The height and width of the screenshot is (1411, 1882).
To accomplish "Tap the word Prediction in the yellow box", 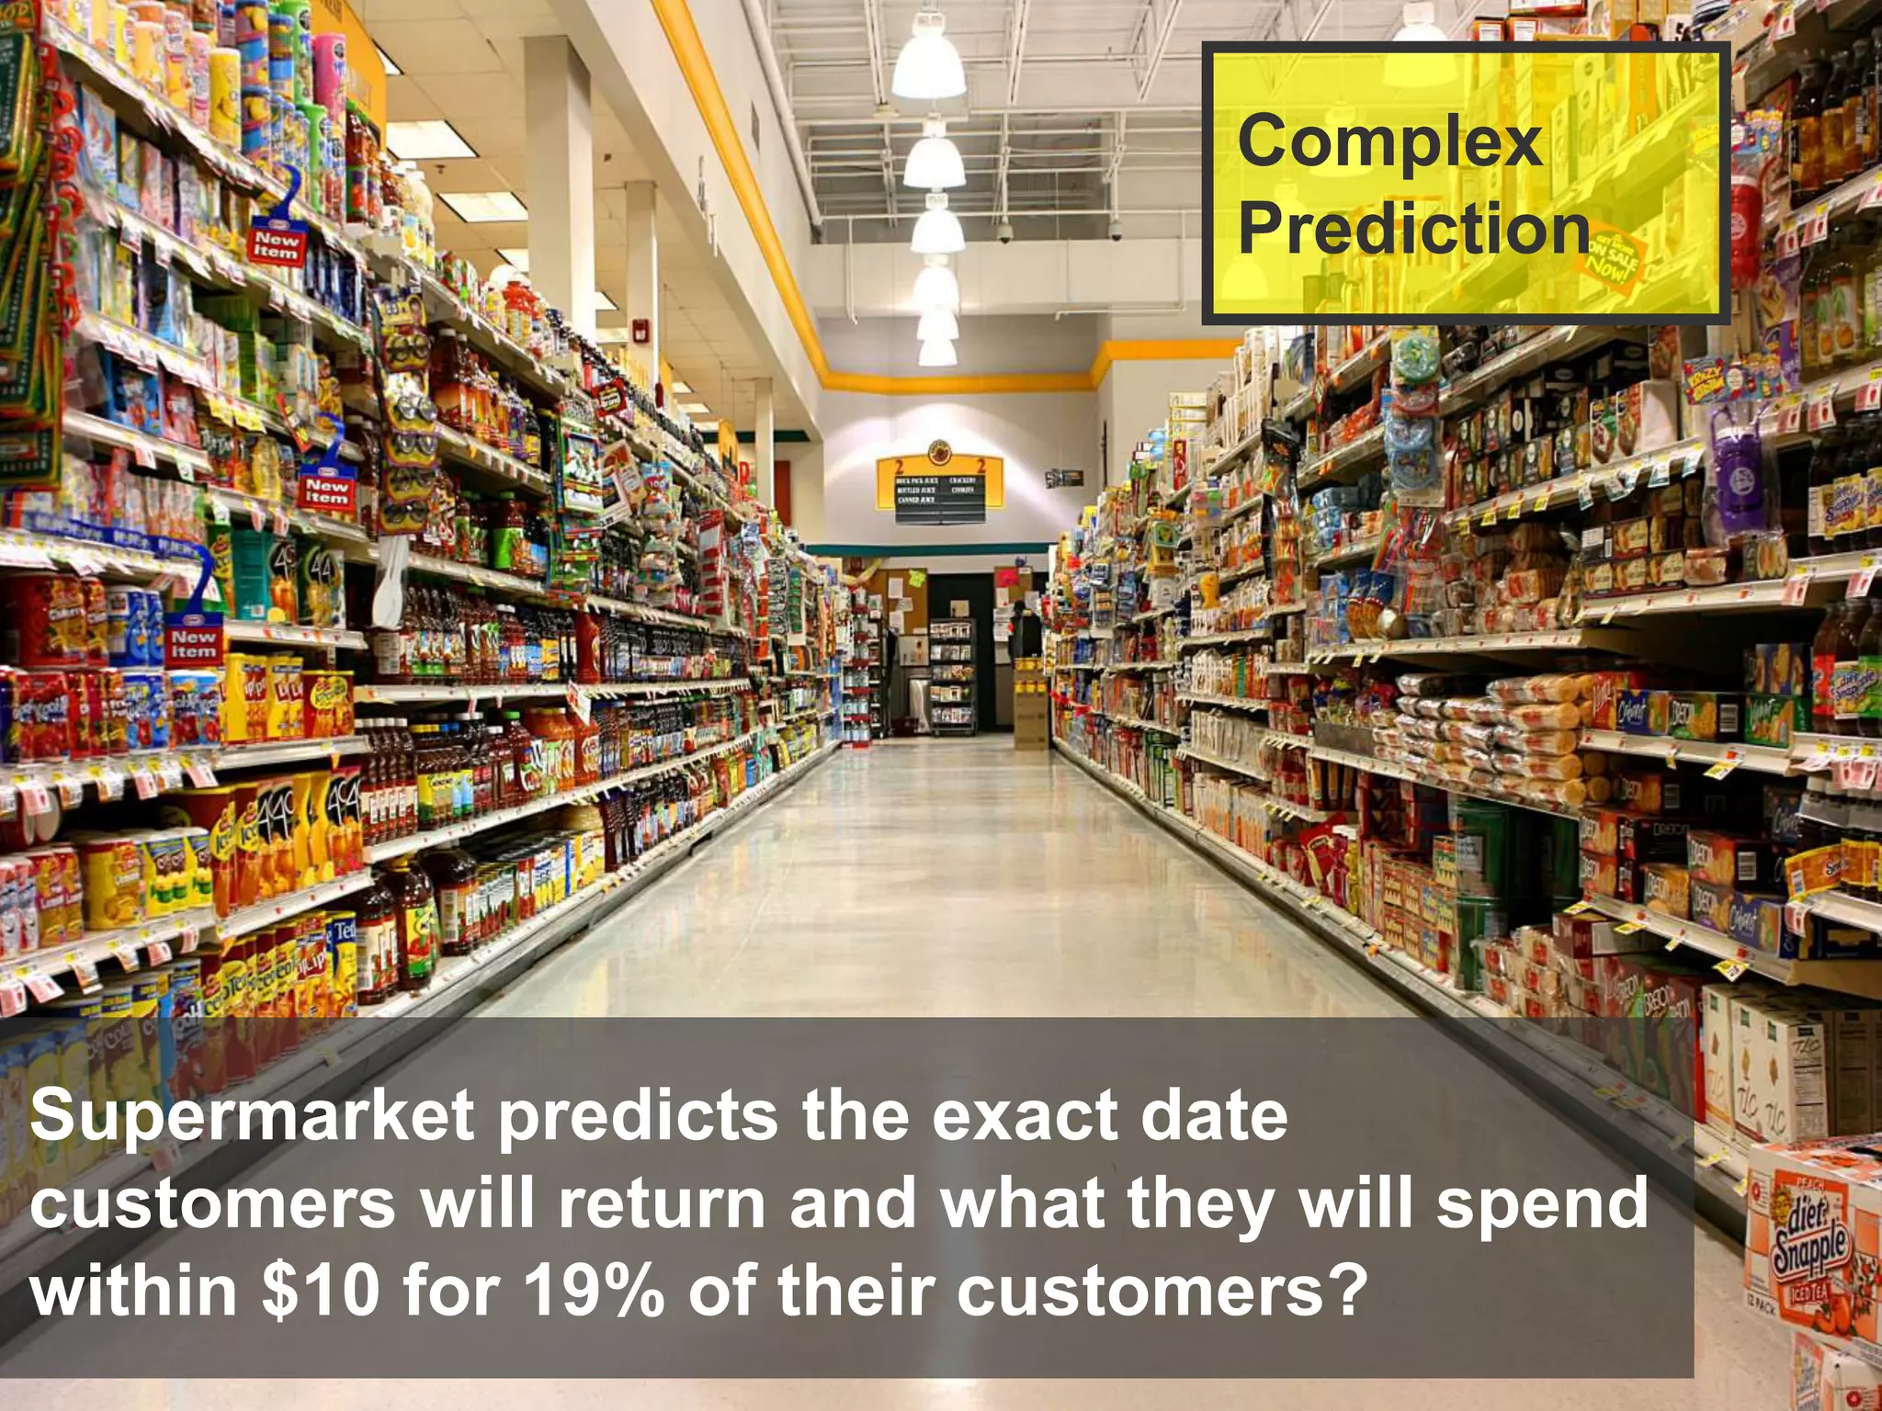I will [1412, 229].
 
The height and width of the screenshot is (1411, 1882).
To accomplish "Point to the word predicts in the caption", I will [638, 1117].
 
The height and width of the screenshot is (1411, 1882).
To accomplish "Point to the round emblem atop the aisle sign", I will [939, 452].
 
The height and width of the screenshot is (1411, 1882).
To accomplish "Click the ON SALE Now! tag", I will [1615, 257].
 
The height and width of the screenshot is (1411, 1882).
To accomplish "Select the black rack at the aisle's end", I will [952, 676].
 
